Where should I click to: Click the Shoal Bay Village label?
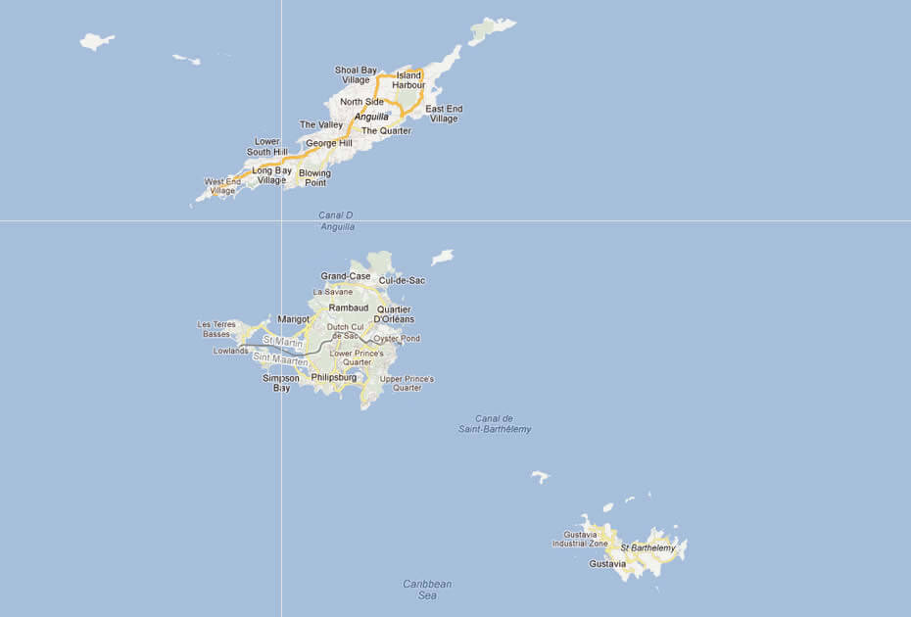coord(355,74)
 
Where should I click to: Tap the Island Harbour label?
coord(408,80)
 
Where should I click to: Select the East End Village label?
coord(444,114)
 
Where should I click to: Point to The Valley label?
coord(321,125)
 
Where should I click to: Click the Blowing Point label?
coord(314,177)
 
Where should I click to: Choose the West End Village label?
coord(221,186)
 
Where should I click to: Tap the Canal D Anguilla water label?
coord(336,220)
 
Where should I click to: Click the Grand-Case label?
coord(346,276)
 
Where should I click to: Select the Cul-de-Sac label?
coord(402,280)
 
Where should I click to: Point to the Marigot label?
coord(293,319)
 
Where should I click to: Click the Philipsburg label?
coord(333,376)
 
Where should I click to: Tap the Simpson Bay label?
coord(281,382)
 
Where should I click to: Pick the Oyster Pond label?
coord(397,339)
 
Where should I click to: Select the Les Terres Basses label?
coord(216,329)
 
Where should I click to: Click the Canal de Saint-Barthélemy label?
coord(494,424)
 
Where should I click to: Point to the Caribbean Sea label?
coord(427,590)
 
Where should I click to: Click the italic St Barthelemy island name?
coord(647,547)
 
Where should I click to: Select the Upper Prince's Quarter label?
coord(407,383)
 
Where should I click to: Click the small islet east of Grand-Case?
coord(443,257)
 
